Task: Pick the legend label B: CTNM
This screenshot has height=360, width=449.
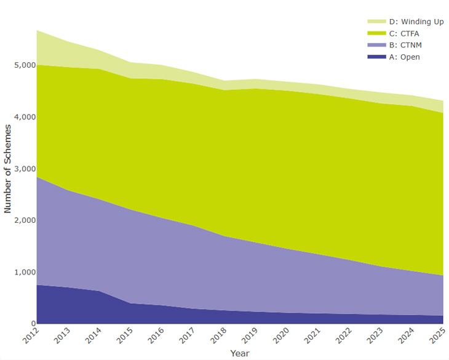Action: tap(405, 46)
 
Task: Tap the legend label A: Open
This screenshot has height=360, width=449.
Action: tap(403, 57)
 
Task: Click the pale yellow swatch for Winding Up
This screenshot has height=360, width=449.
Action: tap(376, 22)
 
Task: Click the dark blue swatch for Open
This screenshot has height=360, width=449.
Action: tap(376, 57)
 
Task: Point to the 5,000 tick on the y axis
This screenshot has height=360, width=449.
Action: tap(22, 65)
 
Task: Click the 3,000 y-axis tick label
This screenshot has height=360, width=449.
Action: tap(22, 169)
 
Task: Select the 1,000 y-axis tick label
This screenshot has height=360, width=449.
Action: tap(22, 272)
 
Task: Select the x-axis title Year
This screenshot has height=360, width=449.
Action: tap(240, 353)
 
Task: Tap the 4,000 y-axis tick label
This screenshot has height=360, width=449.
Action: tap(22, 117)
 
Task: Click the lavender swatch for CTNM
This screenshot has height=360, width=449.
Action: tap(376, 46)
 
